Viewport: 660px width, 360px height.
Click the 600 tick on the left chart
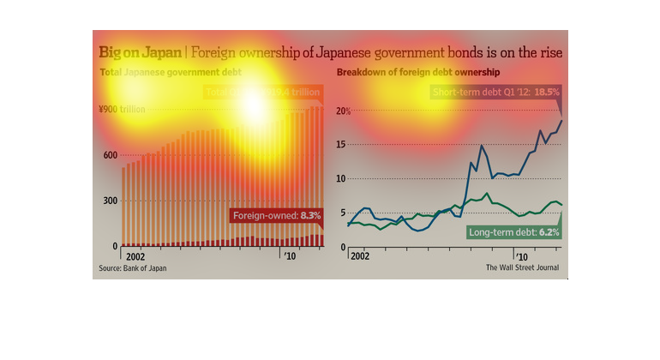click(x=110, y=155)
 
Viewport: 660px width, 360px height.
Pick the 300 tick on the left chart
click(x=110, y=201)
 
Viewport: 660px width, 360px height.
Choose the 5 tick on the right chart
click(x=342, y=213)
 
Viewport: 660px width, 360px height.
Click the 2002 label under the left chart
click(x=135, y=256)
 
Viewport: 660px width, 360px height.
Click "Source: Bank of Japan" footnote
click(x=133, y=268)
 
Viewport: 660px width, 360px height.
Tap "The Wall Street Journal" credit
click(x=522, y=268)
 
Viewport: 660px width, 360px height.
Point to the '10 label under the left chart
click(x=291, y=256)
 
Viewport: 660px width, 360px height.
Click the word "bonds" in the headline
click(x=441, y=53)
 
